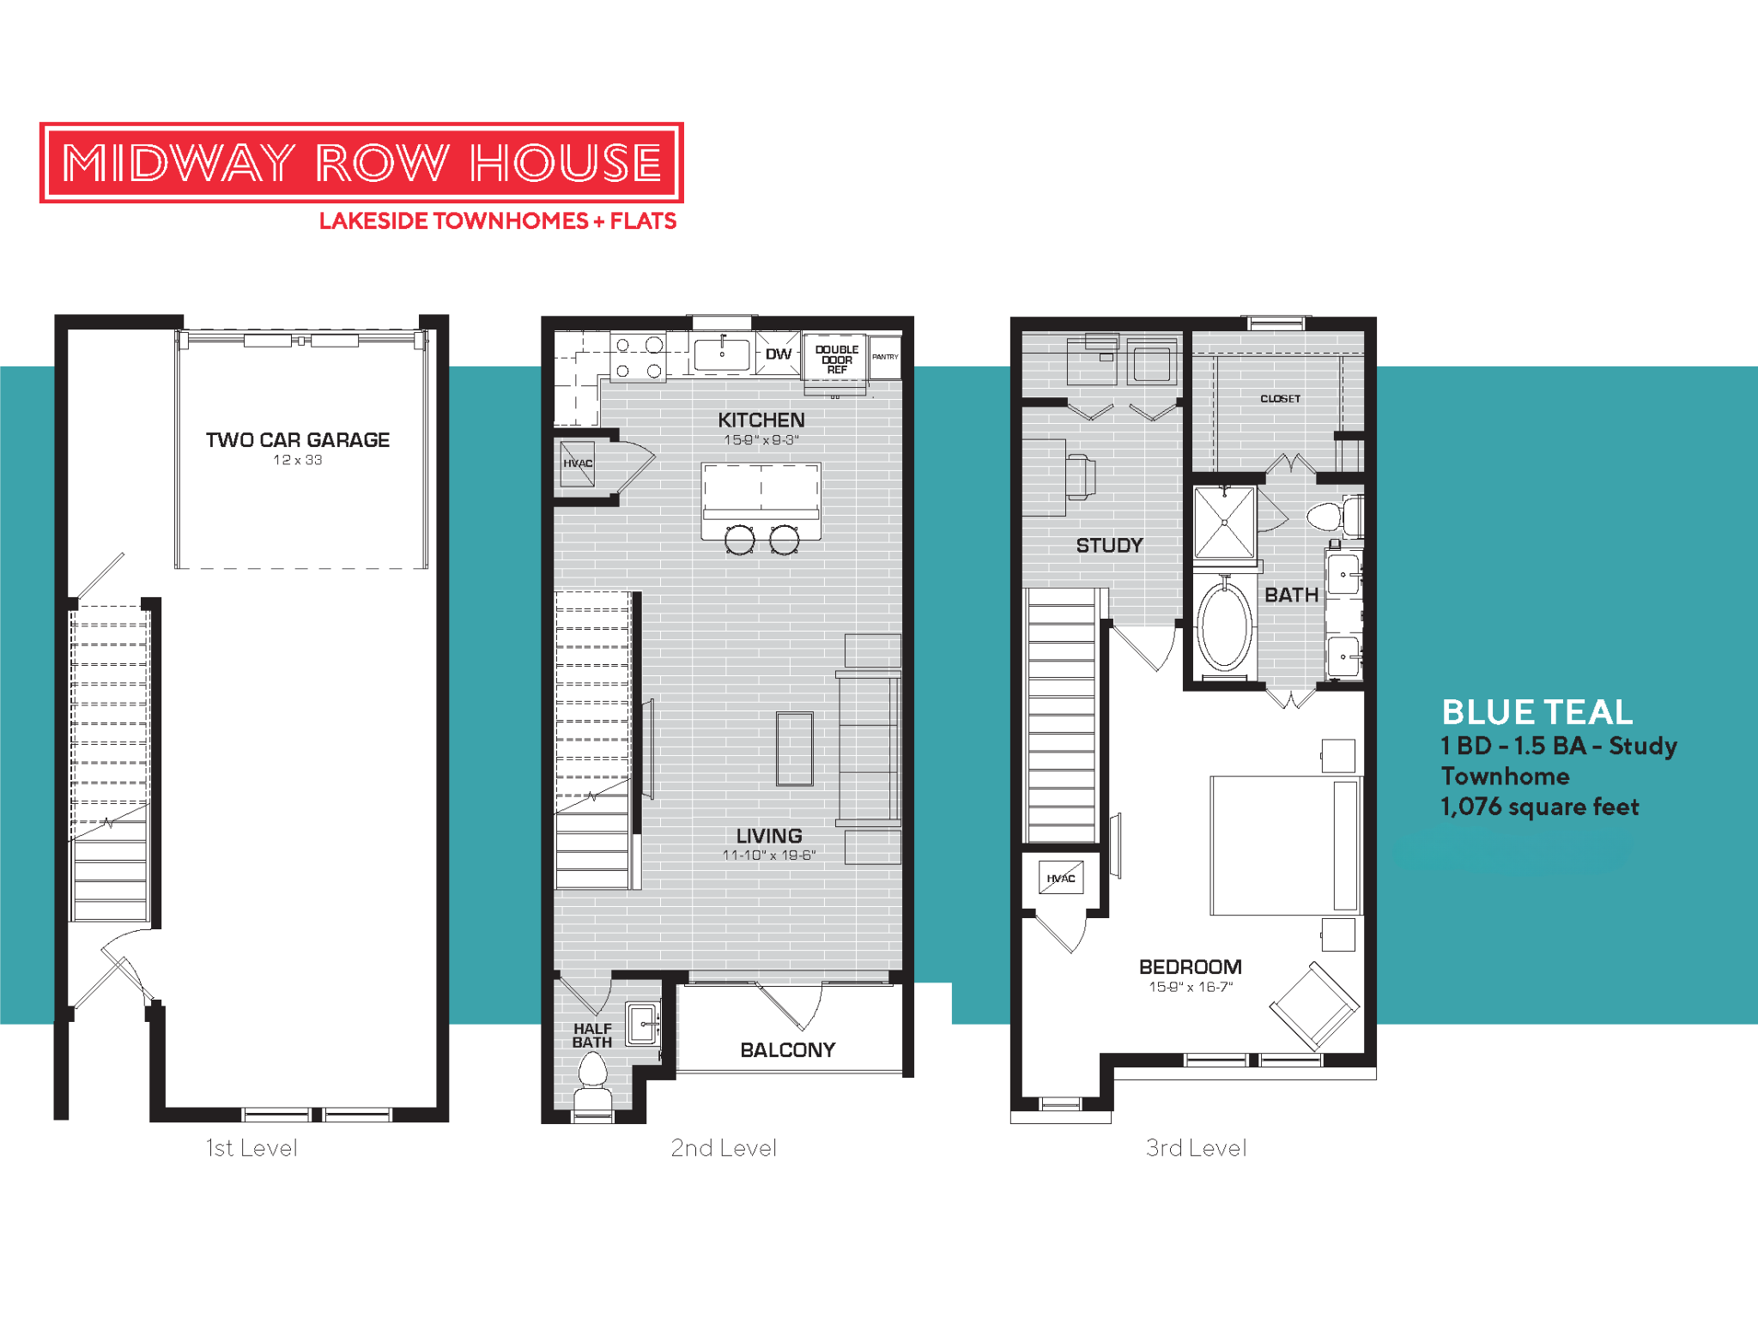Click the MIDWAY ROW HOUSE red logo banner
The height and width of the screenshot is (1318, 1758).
point(361,162)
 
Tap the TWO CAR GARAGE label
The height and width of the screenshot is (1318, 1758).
point(297,440)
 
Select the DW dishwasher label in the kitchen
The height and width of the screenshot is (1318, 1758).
point(778,354)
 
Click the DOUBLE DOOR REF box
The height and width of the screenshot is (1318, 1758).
point(836,360)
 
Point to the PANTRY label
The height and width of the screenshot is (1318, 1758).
point(885,357)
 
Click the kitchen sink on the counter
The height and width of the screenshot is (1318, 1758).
point(721,354)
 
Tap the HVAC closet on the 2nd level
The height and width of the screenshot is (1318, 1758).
point(578,463)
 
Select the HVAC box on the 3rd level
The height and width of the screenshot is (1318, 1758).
point(1061,878)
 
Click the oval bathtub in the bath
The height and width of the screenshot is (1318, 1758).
point(1224,626)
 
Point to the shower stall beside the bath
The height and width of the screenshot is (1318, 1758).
point(1225,522)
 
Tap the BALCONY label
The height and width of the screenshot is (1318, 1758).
point(787,1049)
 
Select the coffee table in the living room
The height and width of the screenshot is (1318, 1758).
point(794,748)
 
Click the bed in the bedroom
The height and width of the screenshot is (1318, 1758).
point(1284,845)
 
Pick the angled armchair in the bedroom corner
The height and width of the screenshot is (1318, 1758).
point(1313,1006)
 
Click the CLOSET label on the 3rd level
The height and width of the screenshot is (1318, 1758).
point(1280,398)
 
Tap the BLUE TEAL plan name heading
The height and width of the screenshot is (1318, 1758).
point(1537,712)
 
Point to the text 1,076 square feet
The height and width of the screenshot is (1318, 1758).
point(1539,807)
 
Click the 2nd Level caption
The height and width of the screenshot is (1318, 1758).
point(723,1147)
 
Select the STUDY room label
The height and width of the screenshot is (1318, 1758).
point(1109,545)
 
